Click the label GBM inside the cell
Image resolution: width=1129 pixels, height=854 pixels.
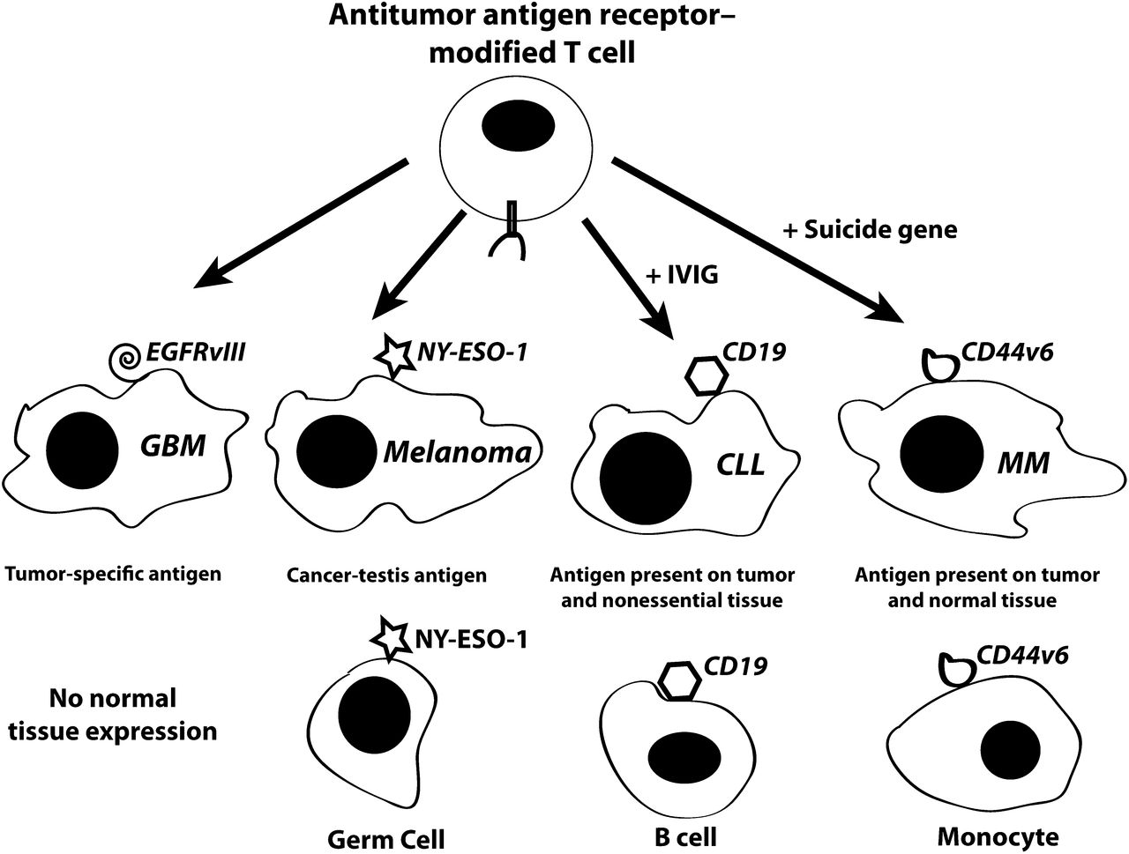click(173, 446)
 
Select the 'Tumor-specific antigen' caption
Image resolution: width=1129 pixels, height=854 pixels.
click(112, 575)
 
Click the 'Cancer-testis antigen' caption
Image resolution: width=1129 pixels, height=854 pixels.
click(386, 576)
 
